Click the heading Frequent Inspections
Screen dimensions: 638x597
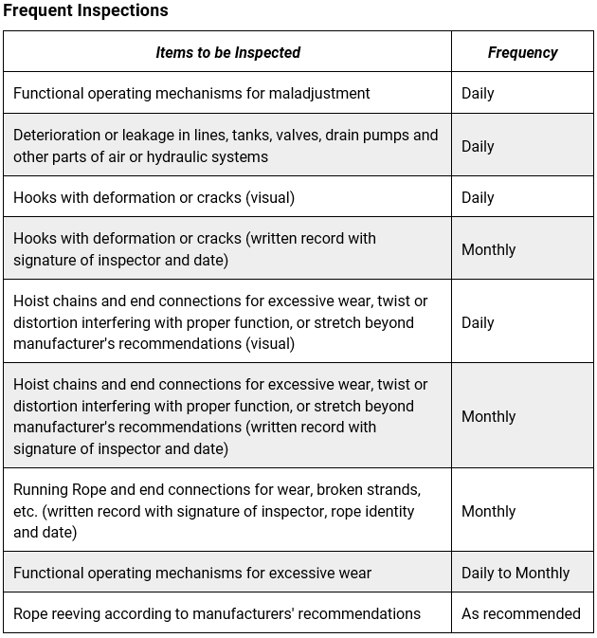[85, 11]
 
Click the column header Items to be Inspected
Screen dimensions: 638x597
[227, 53]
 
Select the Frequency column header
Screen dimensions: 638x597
[522, 53]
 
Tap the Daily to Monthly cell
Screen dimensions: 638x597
[515, 573]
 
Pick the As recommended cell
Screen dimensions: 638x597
[520, 613]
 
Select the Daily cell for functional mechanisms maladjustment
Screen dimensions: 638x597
[478, 93]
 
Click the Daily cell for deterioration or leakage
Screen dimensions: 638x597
[478, 146]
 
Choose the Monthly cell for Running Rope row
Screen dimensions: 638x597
[488, 511]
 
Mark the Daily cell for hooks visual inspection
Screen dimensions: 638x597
[478, 197]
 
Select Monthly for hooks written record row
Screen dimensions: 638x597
[488, 249]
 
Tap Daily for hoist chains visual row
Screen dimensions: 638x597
[478, 322]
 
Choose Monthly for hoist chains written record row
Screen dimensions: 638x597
[488, 416]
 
